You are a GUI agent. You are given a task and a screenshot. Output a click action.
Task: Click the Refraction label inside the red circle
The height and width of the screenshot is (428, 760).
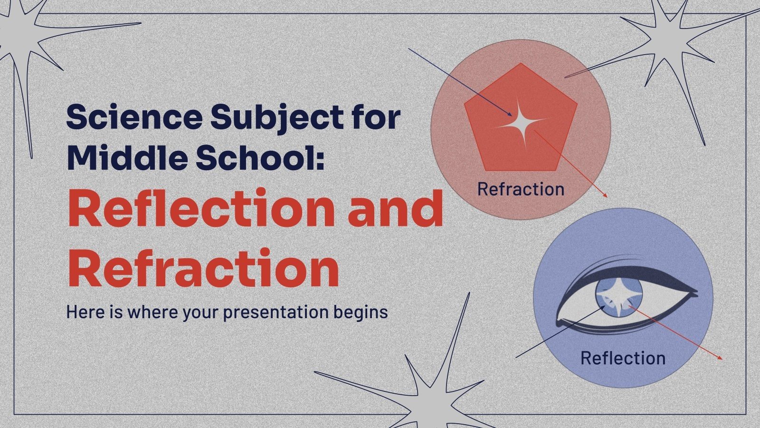point(521,189)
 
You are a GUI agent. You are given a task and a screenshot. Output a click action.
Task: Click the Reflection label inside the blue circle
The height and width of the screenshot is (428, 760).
point(623,358)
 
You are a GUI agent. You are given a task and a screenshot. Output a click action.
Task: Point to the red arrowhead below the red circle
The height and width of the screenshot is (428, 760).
point(606,195)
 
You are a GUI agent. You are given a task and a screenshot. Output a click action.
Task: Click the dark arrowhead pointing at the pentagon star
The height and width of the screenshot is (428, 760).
point(510,115)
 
